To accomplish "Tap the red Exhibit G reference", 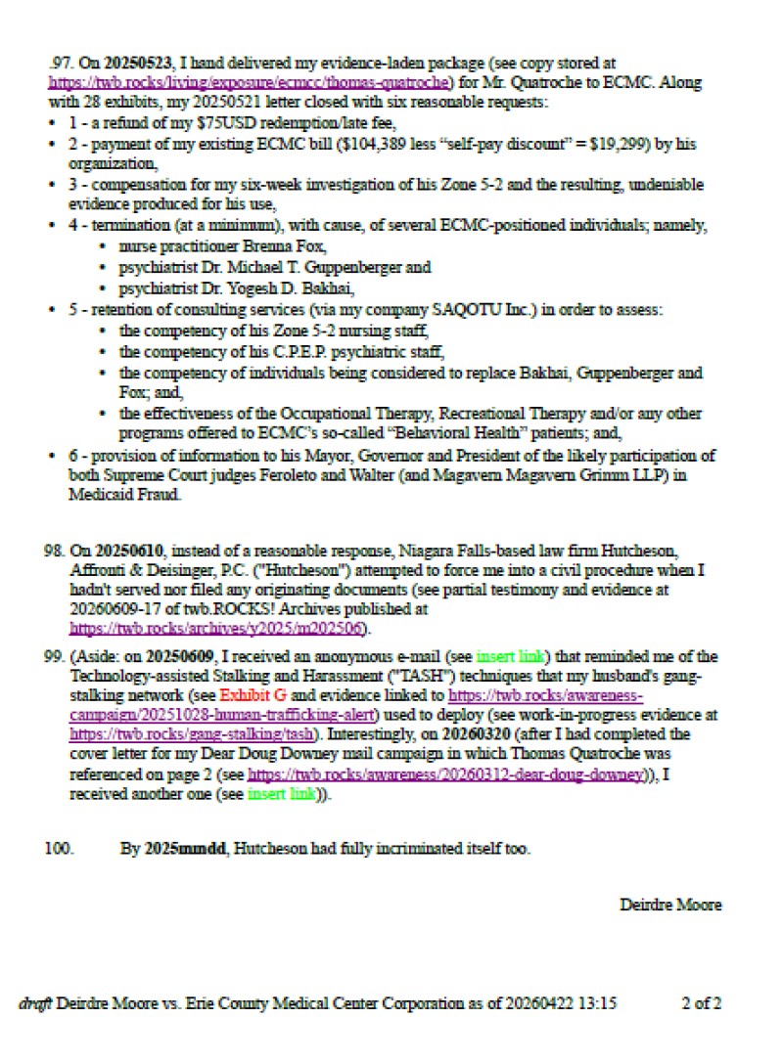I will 253,696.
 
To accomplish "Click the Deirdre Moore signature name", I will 670,905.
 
